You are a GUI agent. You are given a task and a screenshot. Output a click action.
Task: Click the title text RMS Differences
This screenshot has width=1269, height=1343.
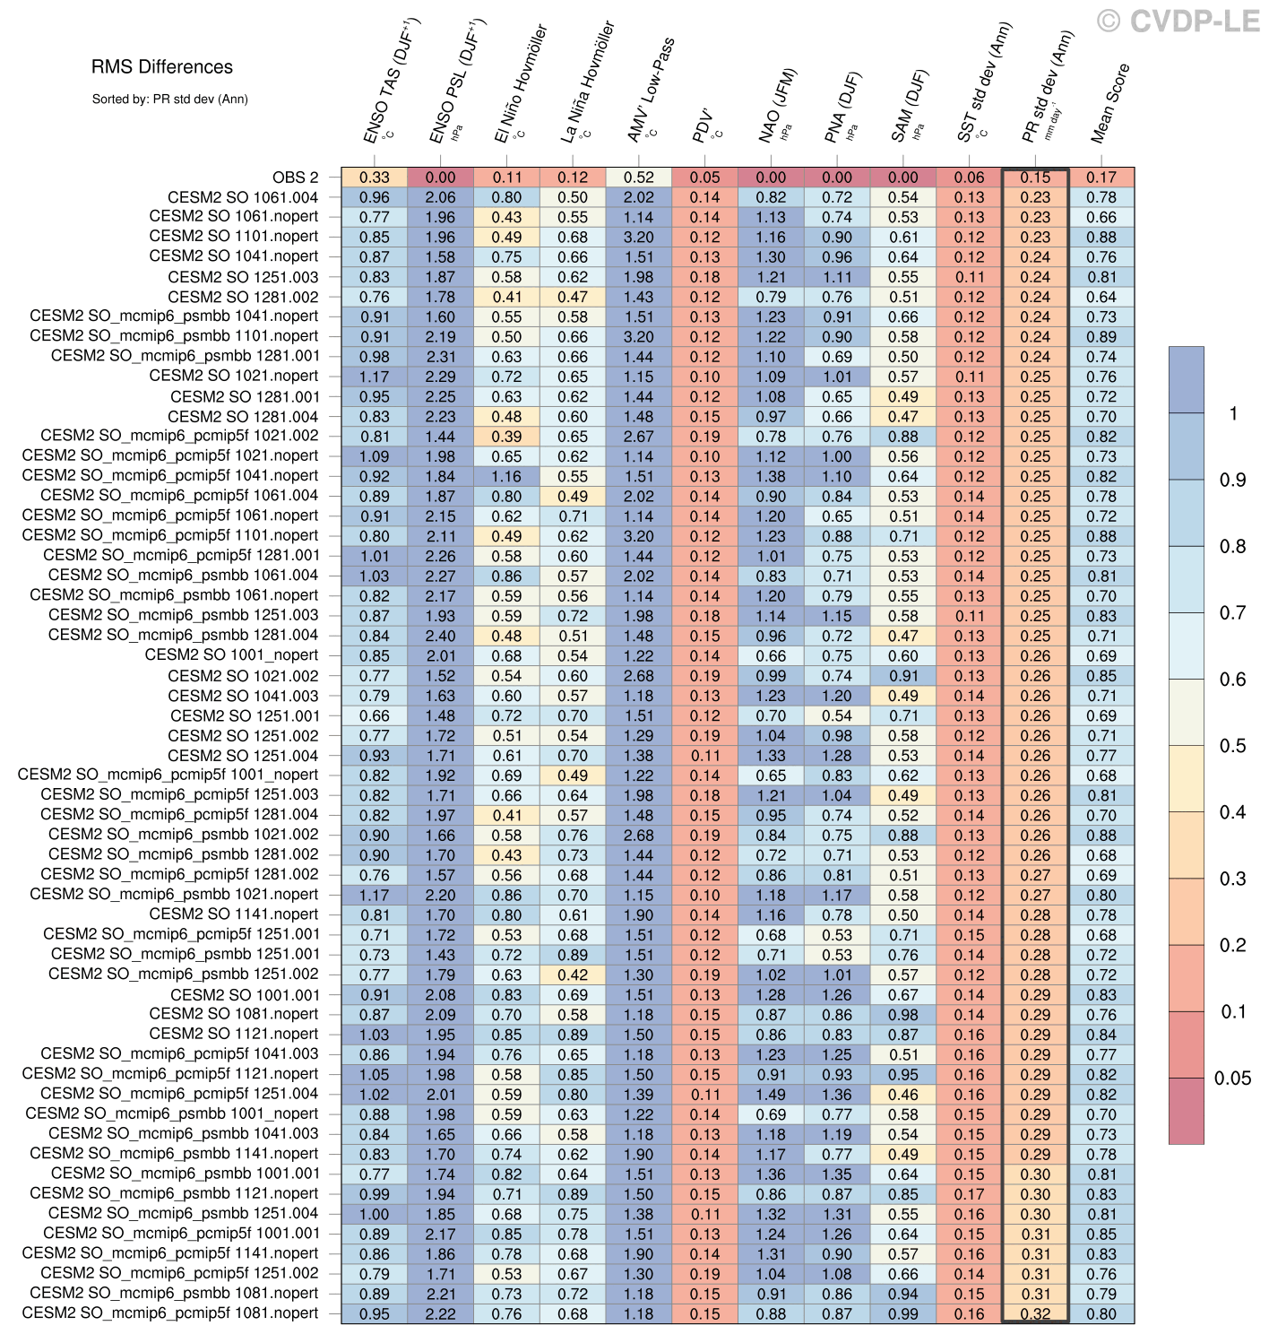pyautogui.click(x=161, y=67)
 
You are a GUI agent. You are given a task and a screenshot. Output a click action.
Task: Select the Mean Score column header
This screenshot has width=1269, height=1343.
pyautogui.click(x=1109, y=103)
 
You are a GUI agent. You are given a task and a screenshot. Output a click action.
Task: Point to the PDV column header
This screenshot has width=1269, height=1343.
pyautogui.click(x=703, y=126)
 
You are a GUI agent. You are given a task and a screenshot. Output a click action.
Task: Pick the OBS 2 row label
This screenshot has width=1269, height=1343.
pyautogui.click(x=295, y=178)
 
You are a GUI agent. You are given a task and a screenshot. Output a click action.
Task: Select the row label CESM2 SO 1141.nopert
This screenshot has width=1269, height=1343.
pyautogui.click(x=233, y=914)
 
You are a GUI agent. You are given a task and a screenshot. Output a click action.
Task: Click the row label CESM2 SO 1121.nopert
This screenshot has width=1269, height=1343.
pyautogui.click(x=233, y=1034)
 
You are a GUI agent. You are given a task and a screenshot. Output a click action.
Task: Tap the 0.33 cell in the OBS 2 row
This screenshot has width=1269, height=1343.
pyautogui.click(x=375, y=178)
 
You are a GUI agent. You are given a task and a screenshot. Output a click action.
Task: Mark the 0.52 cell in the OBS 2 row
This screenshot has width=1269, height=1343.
pyautogui.click(x=639, y=178)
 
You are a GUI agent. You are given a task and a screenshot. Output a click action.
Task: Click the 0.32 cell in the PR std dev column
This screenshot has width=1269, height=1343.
pyautogui.click(x=1035, y=1313)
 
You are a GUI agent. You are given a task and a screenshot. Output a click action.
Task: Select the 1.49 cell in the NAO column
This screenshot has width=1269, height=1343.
pyautogui.click(x=771, y=1094)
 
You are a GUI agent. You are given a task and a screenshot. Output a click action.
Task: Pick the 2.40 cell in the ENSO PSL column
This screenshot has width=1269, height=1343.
pyautogui.click(x=441, y=636)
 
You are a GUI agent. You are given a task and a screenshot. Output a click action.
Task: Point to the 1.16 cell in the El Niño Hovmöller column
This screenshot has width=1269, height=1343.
pyautogui.click(x=506, y=476)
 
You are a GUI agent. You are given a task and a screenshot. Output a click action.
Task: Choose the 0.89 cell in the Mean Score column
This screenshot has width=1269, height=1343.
pyautogui.click(x=1101, y=337)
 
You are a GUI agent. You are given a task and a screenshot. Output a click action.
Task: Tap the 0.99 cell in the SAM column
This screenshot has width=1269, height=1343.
pyautogui.click(x=903, y=1313)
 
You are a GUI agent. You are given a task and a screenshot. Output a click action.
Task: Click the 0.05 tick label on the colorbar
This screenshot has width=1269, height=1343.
pyautogui.click(x=1232, y=1079)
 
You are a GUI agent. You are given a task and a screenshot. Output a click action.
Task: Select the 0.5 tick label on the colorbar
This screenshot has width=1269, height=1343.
pyautogui.click(x=1232, y=746)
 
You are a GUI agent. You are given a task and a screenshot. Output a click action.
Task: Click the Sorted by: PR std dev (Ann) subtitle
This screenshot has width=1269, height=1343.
pyautogui.click(x=169, y=100)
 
